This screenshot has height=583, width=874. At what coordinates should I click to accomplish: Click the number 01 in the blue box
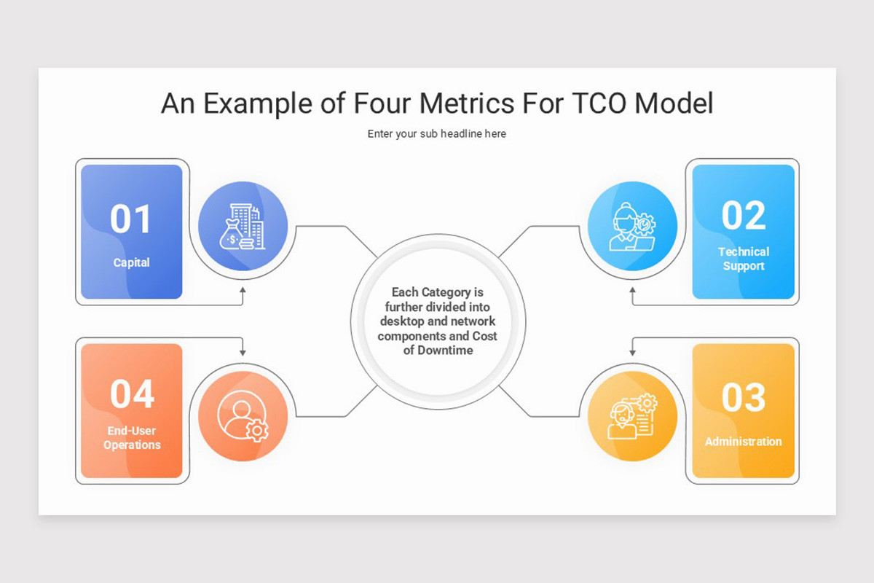click(x=131, y=219)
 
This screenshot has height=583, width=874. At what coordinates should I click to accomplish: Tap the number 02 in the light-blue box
click(x=744, y=216)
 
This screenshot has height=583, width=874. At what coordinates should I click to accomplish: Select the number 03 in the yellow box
click(x=744, y=397)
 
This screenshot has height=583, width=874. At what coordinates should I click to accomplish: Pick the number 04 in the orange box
click(x=132, y=394)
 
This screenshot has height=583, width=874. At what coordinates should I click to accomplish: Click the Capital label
click(x=131, y=262)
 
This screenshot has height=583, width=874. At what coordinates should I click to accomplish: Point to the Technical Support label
click(x=744, y=259)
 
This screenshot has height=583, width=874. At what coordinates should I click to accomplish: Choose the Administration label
click(x=743, y=442)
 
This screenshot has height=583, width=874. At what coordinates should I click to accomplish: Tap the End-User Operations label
click(x=132, y=438)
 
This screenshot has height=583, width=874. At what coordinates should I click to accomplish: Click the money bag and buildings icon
click(x=243, y=226)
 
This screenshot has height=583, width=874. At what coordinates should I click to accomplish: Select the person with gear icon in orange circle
click(x=243, y=416)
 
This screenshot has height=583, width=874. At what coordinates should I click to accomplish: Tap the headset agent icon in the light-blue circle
click(x=632, y=226)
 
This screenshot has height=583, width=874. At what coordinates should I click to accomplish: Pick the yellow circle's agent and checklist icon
click(x=632, y=416)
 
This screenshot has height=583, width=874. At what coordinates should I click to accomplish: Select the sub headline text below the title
click(x=436, y=134)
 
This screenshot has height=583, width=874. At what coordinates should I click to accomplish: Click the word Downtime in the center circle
click(x=446, y=351)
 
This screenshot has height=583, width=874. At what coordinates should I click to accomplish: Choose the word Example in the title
click(x=258, y=103)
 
